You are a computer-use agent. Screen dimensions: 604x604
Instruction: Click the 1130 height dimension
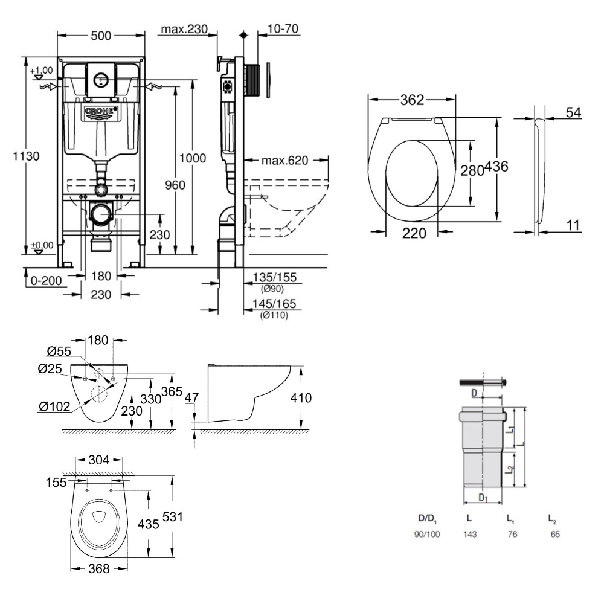[27, 156]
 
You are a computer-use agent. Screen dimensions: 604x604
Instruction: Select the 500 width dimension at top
[100, 36]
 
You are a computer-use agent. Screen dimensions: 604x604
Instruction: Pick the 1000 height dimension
[193, 158]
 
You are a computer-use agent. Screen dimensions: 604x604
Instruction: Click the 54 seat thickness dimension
[574, 112]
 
